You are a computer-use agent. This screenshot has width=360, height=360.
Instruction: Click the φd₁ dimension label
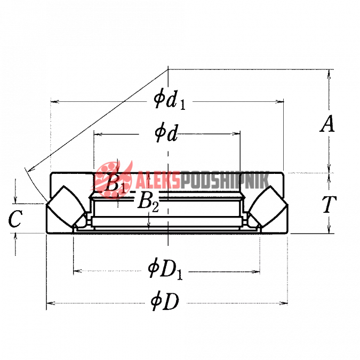(170, 101)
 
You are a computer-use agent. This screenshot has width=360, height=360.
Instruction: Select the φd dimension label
(166, 134)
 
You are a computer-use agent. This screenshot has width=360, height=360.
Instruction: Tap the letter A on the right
(327, 124)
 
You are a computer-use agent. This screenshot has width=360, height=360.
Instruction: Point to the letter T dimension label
(329, 204)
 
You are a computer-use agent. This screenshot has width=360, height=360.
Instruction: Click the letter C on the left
(15, 219)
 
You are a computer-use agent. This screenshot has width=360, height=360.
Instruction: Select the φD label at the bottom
(165, 301)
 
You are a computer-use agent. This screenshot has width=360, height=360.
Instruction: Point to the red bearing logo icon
(113, 180)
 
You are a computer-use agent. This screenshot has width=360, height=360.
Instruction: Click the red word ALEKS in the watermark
(157, 180)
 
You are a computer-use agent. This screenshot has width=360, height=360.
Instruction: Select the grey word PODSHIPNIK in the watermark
(225, 180)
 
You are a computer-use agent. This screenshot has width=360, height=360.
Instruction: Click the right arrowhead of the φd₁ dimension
(279, 101)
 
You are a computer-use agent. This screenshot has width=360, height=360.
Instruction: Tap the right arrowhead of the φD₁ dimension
(255, 272)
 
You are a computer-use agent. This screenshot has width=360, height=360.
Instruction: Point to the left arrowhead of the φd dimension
(98, 134)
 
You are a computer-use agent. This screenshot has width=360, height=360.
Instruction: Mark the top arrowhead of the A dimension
(329, 74)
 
